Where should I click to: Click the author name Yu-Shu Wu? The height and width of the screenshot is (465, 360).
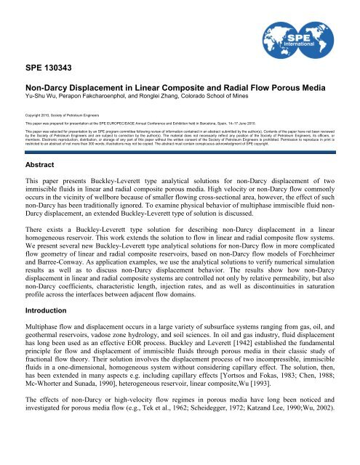coord(34,115)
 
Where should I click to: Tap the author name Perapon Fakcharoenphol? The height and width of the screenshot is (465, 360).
coord(92,115)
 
